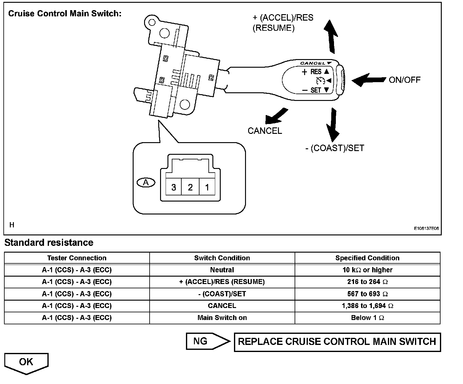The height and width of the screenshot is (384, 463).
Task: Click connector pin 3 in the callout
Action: (174, 187)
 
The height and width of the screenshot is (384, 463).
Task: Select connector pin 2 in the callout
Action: (190, 187)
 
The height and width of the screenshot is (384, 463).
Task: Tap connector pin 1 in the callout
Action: (207, 187)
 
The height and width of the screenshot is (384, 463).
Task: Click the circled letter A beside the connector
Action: (146, 182)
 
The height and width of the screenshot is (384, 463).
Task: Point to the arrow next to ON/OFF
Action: (368, 80)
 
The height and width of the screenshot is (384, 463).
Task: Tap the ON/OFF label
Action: (405, 80)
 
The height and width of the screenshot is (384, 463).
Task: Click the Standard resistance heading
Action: (49, 242)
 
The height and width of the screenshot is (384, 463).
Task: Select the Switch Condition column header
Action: (222, 258)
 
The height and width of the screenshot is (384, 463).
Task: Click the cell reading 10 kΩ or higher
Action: (367, 270)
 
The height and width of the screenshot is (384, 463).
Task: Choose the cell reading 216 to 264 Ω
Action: (367, 282)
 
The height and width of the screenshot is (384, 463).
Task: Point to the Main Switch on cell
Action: (222, 318)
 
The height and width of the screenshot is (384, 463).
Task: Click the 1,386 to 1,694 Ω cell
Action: (367, 306)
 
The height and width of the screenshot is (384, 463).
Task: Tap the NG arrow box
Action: (207, 341)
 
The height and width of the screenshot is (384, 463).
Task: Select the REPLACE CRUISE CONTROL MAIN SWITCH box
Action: (337, 342)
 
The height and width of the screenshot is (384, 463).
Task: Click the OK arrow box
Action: (26, 363)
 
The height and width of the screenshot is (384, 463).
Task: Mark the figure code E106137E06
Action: (426, 229)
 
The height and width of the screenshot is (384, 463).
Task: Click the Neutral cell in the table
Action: (222, 270)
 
